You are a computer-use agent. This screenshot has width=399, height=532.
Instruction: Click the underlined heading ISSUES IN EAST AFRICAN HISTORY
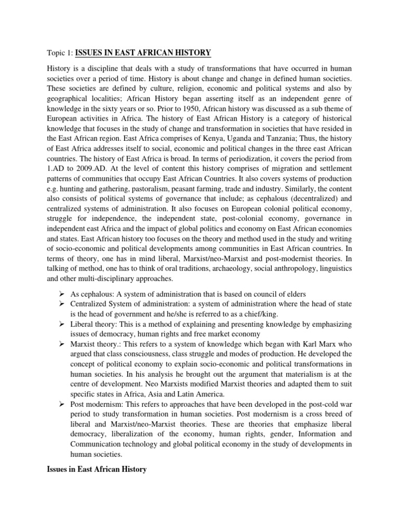click(143, 52)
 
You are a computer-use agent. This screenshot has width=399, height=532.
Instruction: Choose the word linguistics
click(332, 269)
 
